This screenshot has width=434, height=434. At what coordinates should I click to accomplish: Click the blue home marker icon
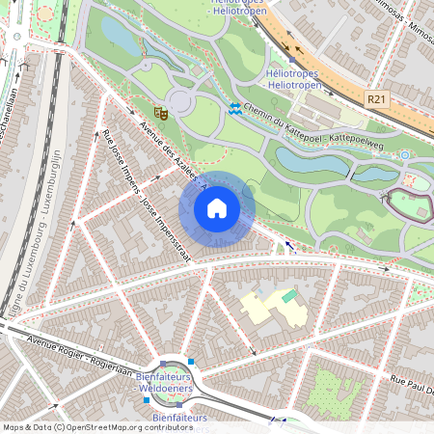point(217,207)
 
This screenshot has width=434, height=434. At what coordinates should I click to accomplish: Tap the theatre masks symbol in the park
point(162,114)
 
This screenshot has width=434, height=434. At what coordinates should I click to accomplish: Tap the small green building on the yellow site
point(289,295)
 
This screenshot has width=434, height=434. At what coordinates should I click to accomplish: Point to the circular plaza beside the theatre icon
point(180,100)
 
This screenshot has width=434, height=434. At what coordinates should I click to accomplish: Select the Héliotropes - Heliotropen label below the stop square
point(293,79)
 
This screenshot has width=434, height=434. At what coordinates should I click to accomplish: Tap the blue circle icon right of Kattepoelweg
point(405,153)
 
